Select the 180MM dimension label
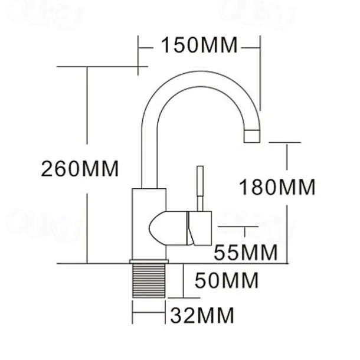coord(277,188)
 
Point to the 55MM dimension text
coord(245,253)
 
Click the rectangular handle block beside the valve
coord(199,228)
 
